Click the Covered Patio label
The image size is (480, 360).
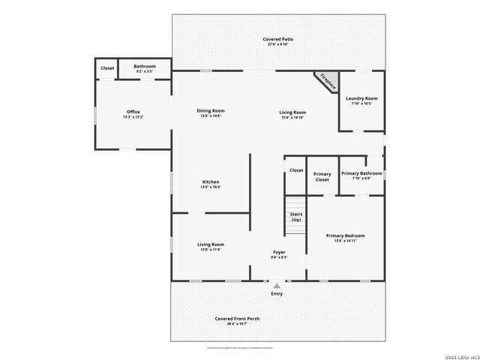(277, 39)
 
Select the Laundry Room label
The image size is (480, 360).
(361, 98)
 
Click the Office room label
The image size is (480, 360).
(133, 112)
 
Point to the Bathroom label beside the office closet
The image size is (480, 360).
(145, 67)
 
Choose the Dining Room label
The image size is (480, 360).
(211, 110)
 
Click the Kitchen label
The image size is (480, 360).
(211, 181)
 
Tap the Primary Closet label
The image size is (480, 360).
(322, 177)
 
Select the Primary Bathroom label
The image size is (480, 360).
(361, 173)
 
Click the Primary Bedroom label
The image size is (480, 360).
(345, 235)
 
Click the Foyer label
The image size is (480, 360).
(278, 252)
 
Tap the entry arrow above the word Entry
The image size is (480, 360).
(277, 286)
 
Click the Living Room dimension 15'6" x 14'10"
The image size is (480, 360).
(293, 117)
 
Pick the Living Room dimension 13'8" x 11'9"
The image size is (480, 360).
(211, 249)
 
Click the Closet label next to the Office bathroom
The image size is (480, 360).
(107, 67)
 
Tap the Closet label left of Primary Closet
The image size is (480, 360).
(296, 170)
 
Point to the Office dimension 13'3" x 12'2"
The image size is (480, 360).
(133, 117)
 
